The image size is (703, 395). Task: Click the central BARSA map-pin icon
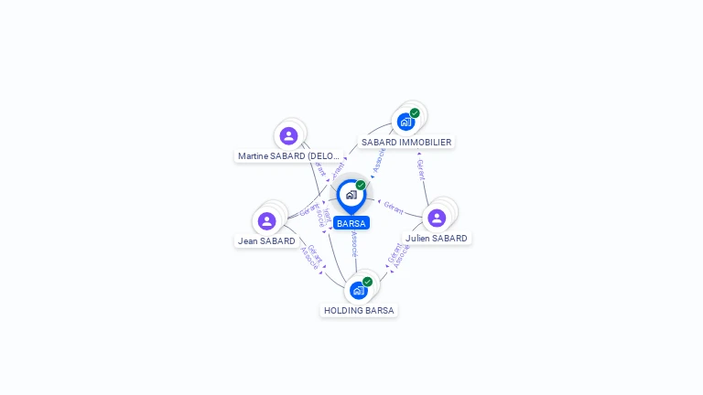[x=351, y=195]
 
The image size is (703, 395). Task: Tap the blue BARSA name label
[x=351, y=223]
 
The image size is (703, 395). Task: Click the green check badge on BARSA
[x=361, y=186]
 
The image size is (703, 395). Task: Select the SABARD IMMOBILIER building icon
[x=405, y=122]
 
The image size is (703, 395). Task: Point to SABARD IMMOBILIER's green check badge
[x=415, y=113]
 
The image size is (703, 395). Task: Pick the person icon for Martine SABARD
[x=288, y=136]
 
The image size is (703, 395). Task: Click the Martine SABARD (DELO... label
[x=288, y=156]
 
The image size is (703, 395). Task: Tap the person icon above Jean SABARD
[x=266, y=221]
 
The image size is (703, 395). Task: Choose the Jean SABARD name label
[x=266, y=241]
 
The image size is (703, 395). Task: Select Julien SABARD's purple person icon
[x=437, y=218]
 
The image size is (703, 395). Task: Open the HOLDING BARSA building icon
[x=358, y=290]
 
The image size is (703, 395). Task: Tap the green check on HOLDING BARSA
[x=367, y=282]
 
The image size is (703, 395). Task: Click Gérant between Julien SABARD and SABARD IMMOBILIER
[x=421, y=170]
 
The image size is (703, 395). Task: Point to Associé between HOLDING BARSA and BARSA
[x=354, y=245]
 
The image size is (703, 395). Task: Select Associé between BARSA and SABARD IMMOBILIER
[x=379, y=160]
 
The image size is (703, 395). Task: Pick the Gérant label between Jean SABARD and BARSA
[x=309, y=209]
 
